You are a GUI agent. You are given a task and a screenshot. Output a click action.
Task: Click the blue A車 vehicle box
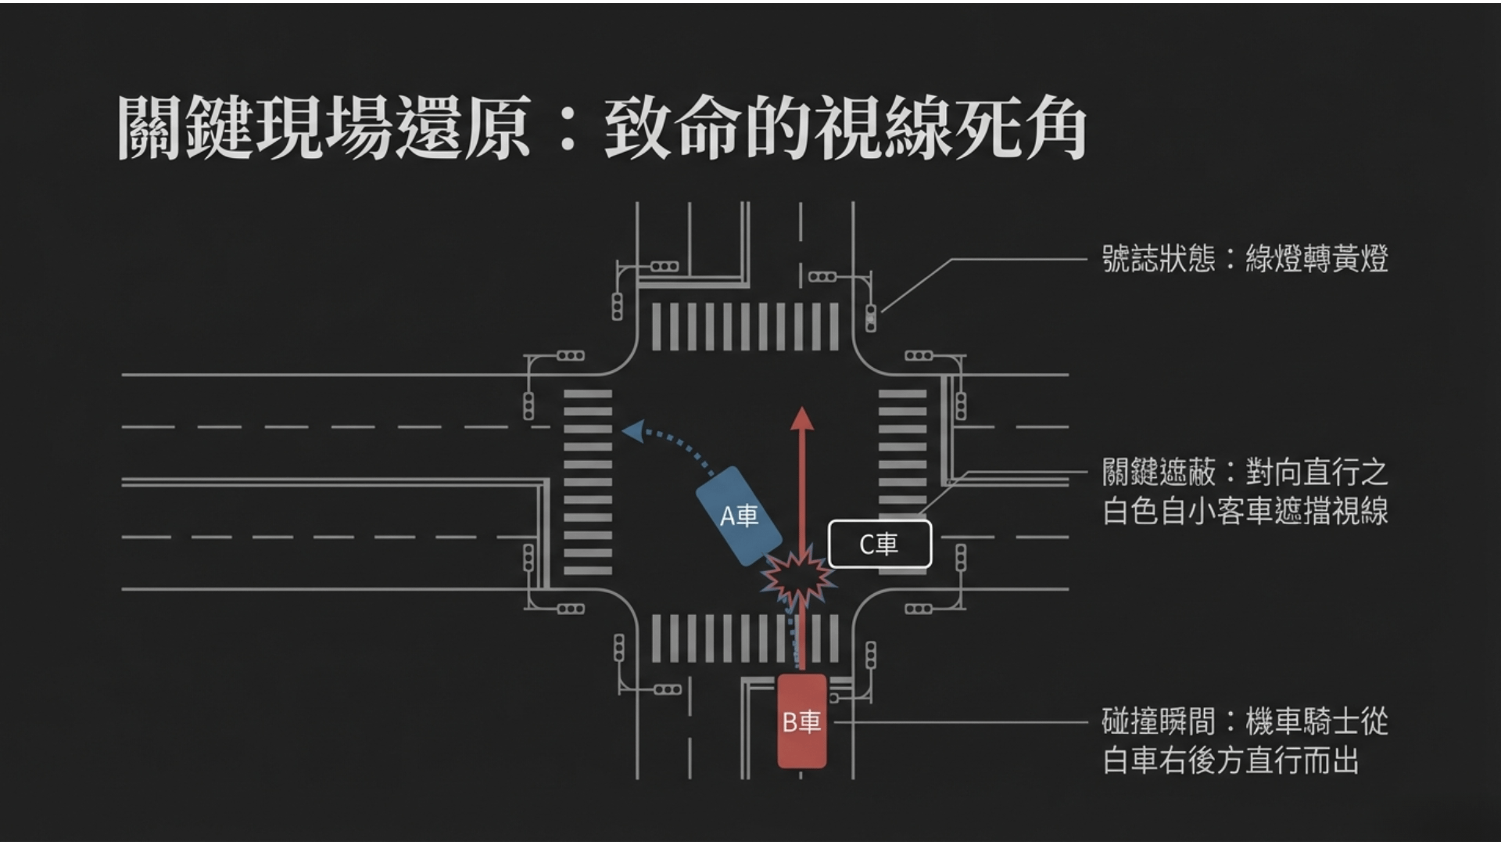click(x=739, y=516)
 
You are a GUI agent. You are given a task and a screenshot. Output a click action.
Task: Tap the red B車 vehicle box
click(x=801, y=721)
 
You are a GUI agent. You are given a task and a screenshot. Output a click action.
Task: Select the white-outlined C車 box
click(x=879, y=544)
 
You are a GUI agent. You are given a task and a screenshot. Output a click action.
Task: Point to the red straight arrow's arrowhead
click(x=801, y=419)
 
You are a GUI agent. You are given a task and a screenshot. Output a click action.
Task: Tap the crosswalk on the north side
click(x=744, y=326)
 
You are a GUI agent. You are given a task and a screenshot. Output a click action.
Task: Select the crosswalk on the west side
click(x=588, y=481)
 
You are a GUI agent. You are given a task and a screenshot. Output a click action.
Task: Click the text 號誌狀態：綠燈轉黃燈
click(x=1245, y=259)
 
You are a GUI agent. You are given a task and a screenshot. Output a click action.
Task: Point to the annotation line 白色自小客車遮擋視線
click(x=1245, y=512)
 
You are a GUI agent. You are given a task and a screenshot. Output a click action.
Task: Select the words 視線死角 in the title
click(x=950, y=128)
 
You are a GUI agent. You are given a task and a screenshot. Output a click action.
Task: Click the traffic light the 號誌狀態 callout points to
click(x=871, y=317)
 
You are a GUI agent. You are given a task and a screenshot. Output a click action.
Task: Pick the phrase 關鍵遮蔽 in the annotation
click(x=1158, y=473)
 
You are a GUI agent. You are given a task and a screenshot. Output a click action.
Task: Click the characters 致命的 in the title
click(x=708, y=128)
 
